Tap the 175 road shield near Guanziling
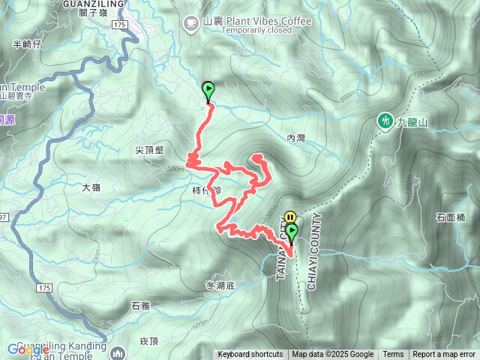coord(120,25)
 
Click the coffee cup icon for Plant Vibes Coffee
coord(191,21)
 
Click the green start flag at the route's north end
coord(208,90)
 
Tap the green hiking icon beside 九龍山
coord(385,120)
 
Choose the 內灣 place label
coord(296,138)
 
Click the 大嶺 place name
coord(91,187)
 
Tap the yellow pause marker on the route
coord(289,218)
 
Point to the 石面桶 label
coord(450,218)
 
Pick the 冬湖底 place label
coord(220,286)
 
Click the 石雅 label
coord(140,305)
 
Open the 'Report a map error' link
coord(443,355)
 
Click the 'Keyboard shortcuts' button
coord(250,355)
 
